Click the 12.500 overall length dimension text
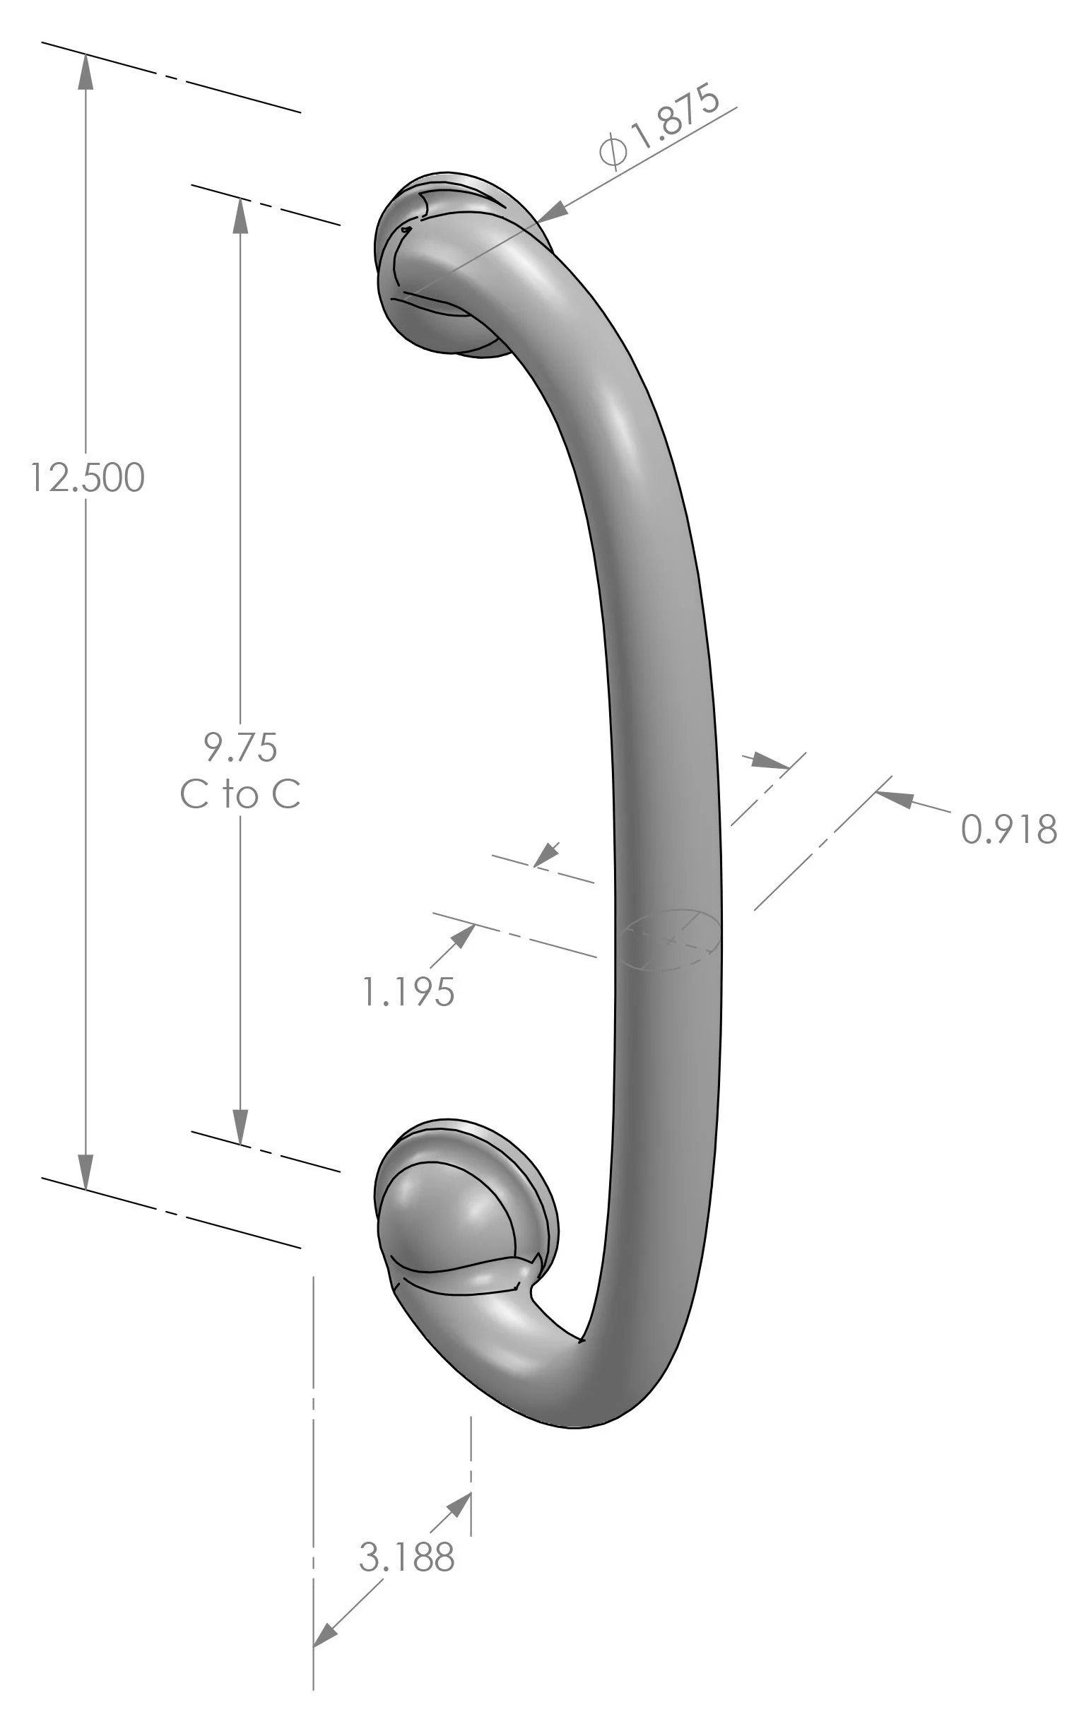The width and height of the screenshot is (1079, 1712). point(87,478)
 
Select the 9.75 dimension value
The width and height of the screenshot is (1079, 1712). point(240,748)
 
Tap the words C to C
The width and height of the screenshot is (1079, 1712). point(240,794)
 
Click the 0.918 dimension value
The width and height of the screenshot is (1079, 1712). point(1008,830)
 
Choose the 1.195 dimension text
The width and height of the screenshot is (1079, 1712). point(408,992)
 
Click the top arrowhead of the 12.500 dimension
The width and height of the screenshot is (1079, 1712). point(86,71)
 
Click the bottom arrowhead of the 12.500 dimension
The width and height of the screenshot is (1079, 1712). point(86,1171)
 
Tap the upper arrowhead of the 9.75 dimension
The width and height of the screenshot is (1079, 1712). point(240,216)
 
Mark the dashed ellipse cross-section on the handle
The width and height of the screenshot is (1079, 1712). point(671,939)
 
